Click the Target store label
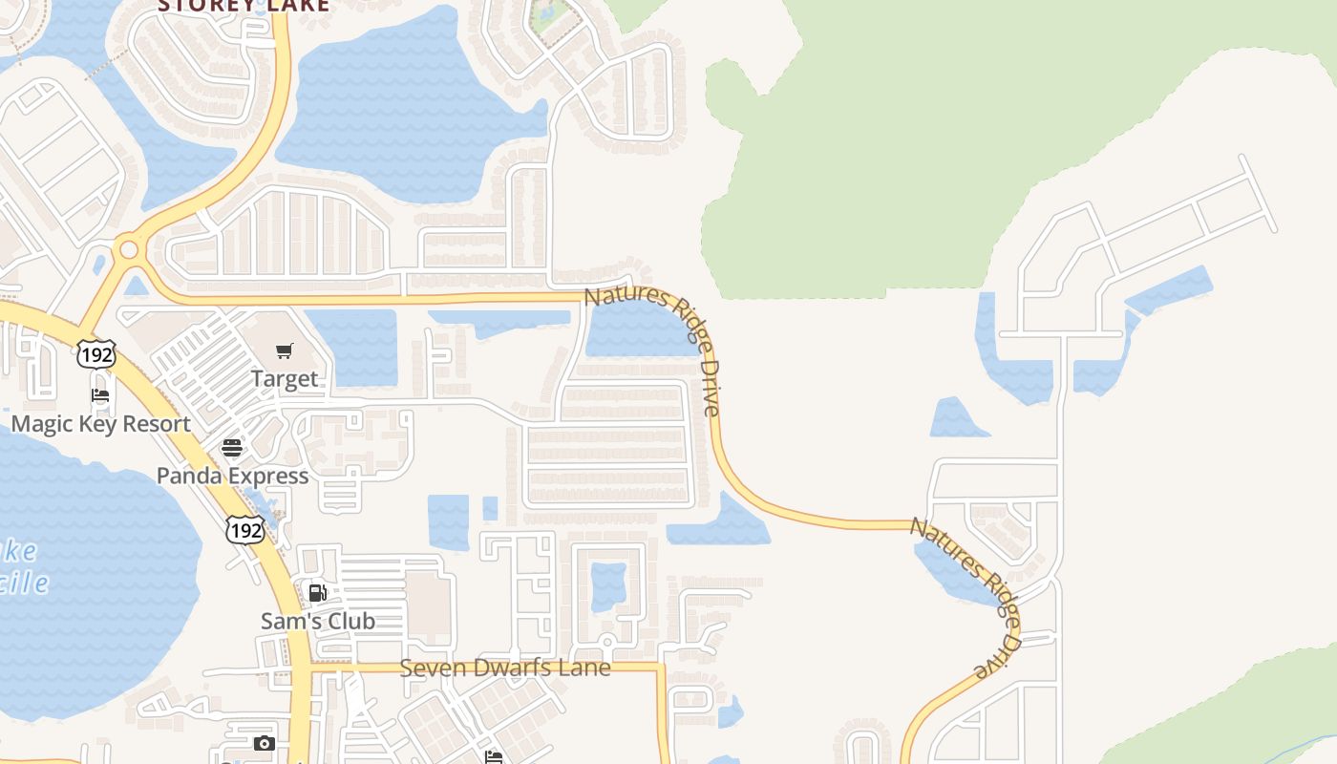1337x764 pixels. (x=285, y=379)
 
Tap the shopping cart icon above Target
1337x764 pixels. (x=285, y=351)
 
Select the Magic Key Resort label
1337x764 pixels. (x=100, y=424)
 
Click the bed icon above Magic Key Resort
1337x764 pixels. (x=100, y=395)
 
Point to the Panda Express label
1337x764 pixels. (x=232, y=476)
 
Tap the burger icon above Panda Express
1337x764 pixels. (x=232, y=448)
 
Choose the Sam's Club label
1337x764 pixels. (x=318, y=621)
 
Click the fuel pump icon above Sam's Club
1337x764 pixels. (x=318, y=593)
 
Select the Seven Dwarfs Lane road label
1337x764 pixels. (x=504, y=668)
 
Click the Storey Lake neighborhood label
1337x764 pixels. (x=244, y=6)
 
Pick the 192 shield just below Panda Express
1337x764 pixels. (x=244, y=529)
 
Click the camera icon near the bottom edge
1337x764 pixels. (x=265, y=743)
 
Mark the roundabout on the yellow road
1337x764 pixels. (x=127, y=251)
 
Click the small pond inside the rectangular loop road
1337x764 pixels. (x=608, y=586)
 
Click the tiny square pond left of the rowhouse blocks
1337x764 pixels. (x=490, y=508)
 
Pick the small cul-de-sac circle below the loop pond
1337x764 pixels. (x=606, y=642)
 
